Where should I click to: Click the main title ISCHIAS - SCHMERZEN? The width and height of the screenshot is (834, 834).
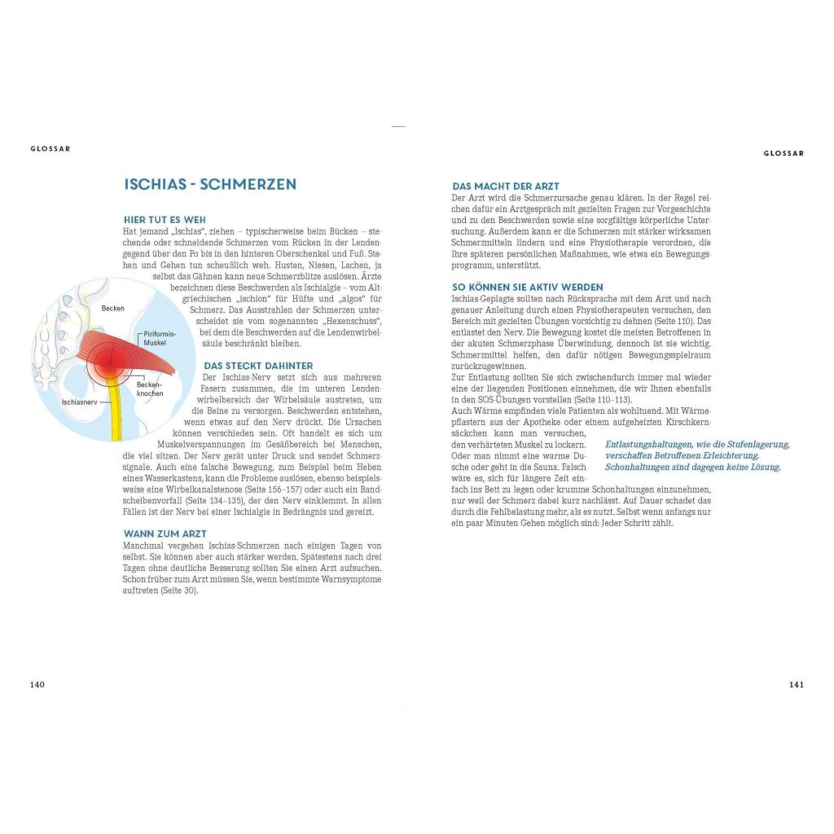(210, 184)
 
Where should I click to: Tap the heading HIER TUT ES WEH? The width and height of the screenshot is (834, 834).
(165, 220)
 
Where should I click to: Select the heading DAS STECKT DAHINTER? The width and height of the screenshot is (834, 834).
(258, 366)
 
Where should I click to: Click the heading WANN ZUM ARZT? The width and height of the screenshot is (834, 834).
(165, 533)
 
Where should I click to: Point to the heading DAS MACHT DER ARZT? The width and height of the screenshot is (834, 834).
(505, 187)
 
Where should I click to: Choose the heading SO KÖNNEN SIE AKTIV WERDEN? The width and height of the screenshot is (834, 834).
(527, 288)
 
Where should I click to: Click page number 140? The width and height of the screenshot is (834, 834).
(37, 684)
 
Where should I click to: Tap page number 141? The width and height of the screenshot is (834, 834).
(797, 684)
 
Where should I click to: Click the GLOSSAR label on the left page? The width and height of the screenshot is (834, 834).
(50, 149)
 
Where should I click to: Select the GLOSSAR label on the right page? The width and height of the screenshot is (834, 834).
(784, 153)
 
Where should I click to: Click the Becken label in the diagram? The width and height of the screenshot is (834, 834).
(113, 309)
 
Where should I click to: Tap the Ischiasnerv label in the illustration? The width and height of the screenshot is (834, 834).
(79, 402)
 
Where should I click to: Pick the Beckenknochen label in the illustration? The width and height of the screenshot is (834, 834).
(150, 388)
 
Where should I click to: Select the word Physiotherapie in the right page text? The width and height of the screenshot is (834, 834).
(621, 242)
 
